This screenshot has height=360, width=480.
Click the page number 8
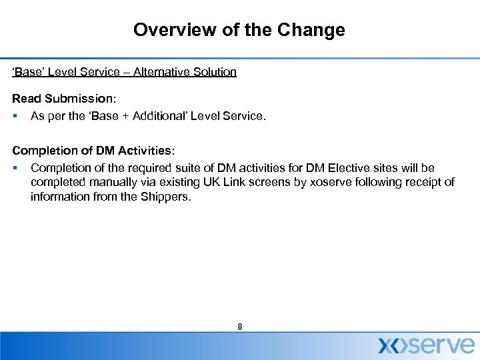tap(239, 327)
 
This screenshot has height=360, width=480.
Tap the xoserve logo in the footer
tap(427, 345)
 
